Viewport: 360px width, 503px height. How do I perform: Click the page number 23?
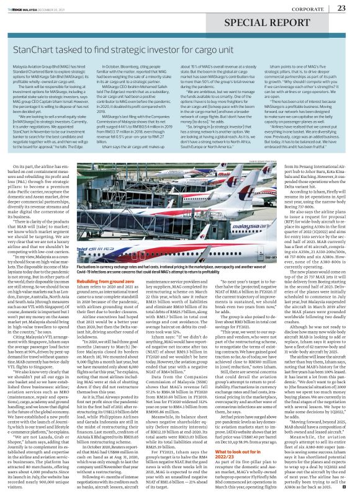tap(341, 7)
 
